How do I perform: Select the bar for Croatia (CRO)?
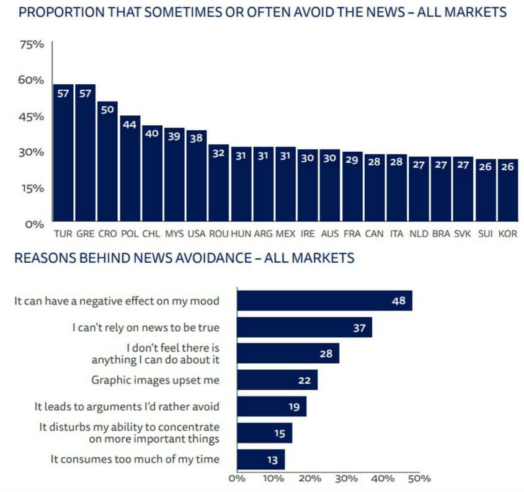107,161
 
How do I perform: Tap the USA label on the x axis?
197,235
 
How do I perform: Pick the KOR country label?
507,235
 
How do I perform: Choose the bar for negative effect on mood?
324,301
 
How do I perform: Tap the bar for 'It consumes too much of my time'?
260,459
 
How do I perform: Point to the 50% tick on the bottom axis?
419,478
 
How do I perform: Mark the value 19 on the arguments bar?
295,406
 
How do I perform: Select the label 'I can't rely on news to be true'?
145,327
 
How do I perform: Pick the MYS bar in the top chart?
174,174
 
